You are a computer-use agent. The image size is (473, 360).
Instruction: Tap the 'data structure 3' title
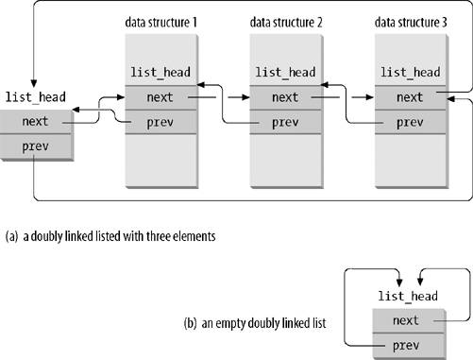pyautogui.click(x=412, y=21)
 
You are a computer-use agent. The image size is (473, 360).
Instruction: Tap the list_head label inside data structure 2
pyautogui.click(x=284, y=72)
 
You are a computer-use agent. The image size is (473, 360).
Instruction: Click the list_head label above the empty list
pyautogui.click(x=408, y=297)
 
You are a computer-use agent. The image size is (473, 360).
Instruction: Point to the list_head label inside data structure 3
pyautogui.click(x=409, y=72)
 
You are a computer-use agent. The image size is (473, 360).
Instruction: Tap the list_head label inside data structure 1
pyautogui.click(x=160, y=72)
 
